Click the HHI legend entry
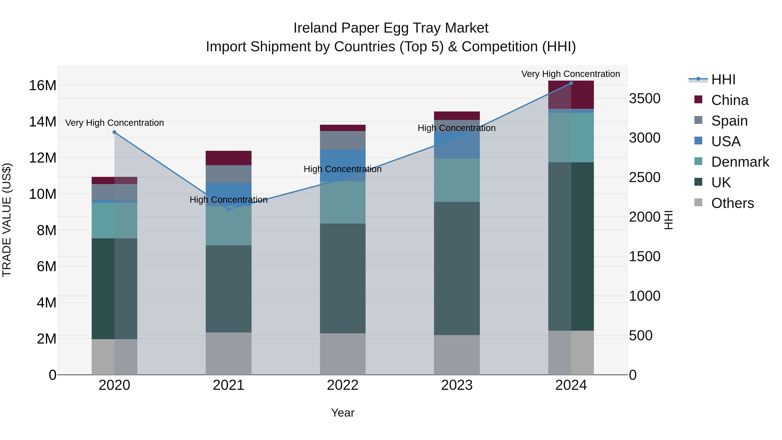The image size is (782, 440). pos(723,80)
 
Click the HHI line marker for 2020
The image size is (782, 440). pos(114,132)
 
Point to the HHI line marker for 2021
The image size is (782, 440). pos(229,209)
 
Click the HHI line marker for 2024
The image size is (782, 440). pos(571,83)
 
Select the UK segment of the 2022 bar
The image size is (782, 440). pos(343,279)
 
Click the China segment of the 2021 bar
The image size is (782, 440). pos(229,158)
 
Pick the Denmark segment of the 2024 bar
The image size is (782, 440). pos(571,138)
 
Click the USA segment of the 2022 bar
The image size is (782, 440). pos(343,166)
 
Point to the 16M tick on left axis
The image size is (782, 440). pos(43,86)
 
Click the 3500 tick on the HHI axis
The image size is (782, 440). pos(644,99)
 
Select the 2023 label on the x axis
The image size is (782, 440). pos(457,385)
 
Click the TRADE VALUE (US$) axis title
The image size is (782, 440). pos(7,220)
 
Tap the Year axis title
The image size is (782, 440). pos(343,413)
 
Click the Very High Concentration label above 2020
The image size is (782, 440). pos(114,123)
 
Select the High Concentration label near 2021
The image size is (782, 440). pos(229,200)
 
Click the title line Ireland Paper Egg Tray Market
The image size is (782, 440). pos(391,28)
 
